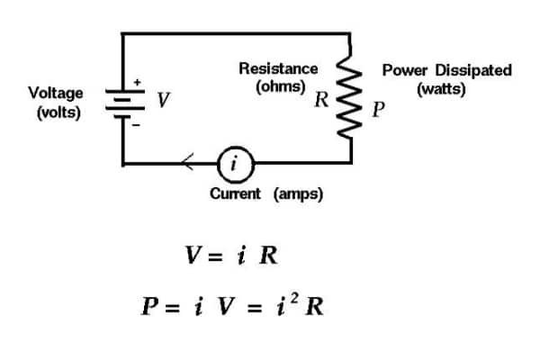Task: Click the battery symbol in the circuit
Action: pos(121,101)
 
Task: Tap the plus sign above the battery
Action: pos(137,82)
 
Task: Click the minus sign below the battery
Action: pos(137,126)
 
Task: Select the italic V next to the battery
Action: pos(163,101)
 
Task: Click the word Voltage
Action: pos(56,93)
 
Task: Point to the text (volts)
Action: pos(56,112)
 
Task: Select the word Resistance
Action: pos(278,68)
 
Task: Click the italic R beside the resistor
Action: pos(321,100)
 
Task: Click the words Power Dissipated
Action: pos(447,70)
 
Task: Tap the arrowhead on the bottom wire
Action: pos(186,164)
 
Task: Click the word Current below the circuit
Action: pos(235,193)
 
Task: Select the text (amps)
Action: pos(298,193)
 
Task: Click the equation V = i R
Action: pos(231,255)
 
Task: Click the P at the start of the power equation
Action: pos(151,306)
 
